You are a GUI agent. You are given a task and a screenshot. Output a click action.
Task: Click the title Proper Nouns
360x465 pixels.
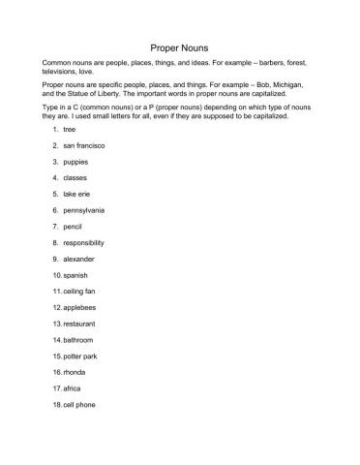point(180,46)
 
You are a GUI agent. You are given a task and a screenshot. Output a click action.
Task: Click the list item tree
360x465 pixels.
point(70,128)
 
